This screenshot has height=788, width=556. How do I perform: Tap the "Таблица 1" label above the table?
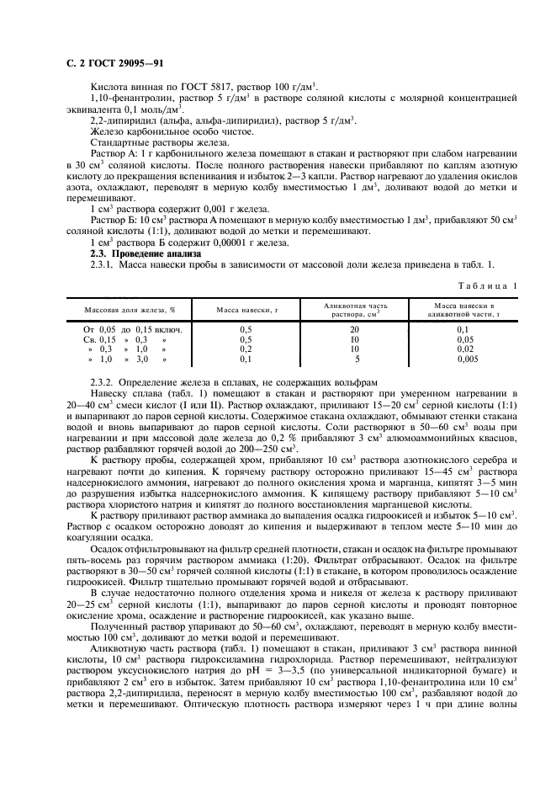487,286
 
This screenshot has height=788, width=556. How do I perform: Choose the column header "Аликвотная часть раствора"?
355,310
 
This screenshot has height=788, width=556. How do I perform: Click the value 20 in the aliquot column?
355,329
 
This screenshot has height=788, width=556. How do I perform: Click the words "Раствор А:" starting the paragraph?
111,155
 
